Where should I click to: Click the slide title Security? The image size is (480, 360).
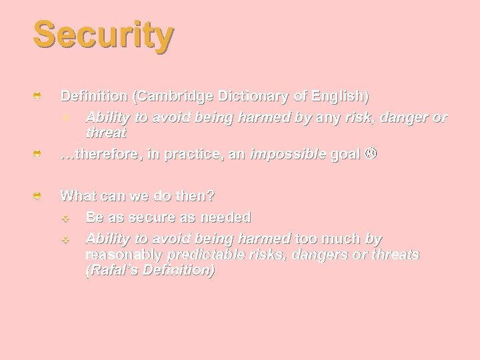point(103,35)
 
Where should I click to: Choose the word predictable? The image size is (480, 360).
point(201,255)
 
